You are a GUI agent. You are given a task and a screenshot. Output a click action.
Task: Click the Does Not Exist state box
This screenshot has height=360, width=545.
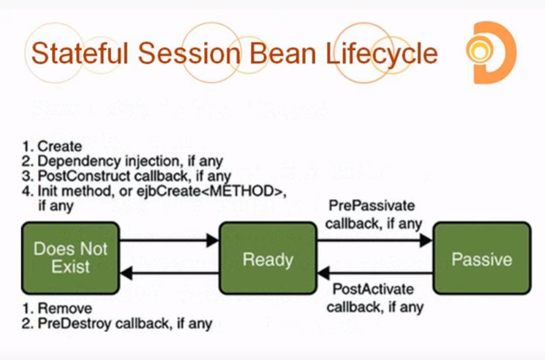[x=70, y=258]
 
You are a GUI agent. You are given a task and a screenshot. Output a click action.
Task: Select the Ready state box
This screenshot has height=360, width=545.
[x=268, y=258]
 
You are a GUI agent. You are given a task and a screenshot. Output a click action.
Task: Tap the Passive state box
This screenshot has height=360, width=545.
[x=481, y=258]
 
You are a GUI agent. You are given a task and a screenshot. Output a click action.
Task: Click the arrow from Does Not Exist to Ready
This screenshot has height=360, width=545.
[x=169, y=240]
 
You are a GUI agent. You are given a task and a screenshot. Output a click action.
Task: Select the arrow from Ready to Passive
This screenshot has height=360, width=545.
[x=374, y=240]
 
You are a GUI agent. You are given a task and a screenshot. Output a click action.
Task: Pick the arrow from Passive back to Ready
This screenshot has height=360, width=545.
[x=374, y=273]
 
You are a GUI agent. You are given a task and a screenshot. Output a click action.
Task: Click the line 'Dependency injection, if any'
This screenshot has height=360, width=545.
[x=130, y=161]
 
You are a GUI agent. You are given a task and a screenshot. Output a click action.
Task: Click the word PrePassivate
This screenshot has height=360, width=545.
[x=372, y=206]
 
